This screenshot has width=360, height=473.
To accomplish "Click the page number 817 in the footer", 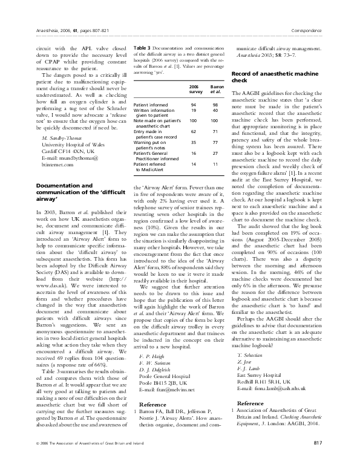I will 318,460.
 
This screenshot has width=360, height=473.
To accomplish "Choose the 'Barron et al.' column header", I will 214,90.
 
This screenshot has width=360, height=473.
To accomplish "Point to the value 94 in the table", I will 194,105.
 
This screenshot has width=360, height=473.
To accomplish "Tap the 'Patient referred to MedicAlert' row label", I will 154,166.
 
